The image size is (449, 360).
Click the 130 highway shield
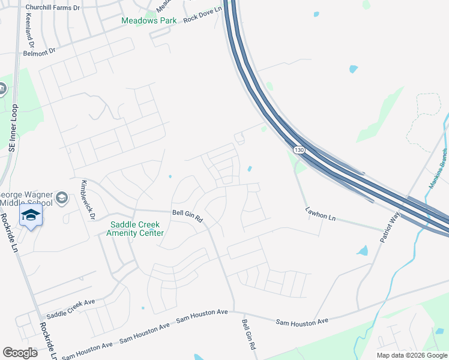(298, 149)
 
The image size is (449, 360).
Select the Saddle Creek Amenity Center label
(135, 229)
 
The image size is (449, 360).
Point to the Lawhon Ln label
(320, 213)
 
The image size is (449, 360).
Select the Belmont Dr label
(40, 51)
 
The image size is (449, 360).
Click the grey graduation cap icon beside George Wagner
(61, 198)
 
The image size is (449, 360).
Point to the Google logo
(20, 353)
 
